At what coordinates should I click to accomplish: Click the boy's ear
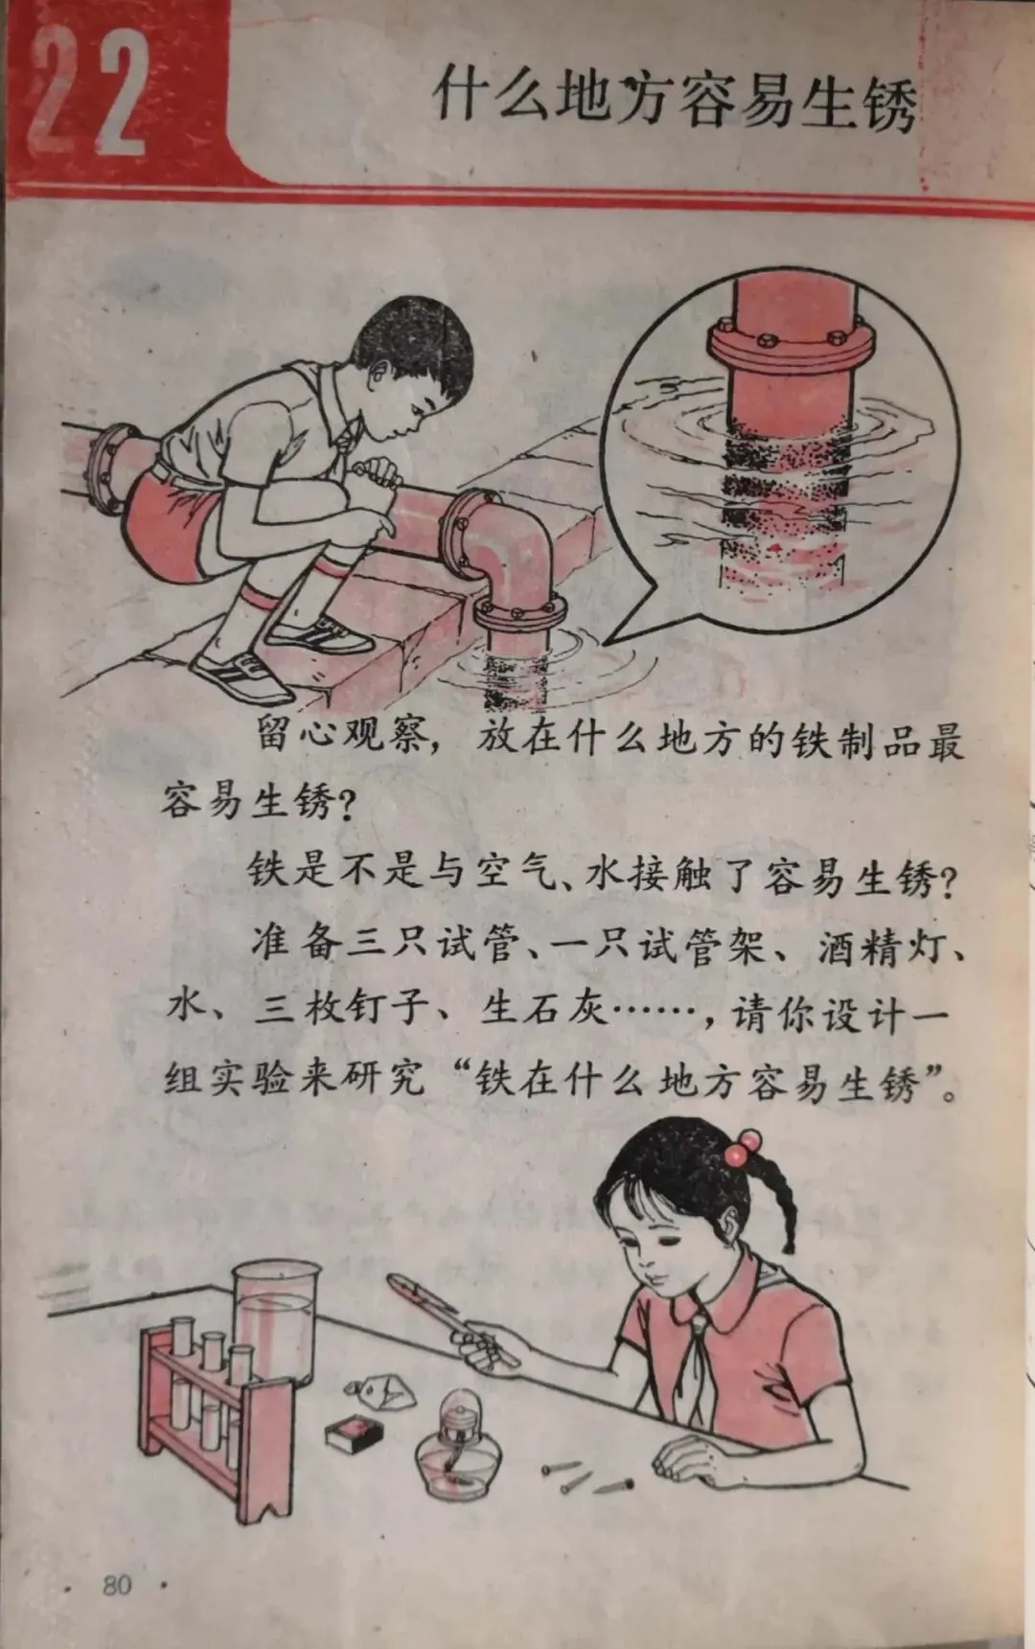click(385, 367)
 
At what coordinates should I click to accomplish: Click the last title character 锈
click(888, 103)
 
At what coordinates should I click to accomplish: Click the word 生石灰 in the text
click(543, 1010)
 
